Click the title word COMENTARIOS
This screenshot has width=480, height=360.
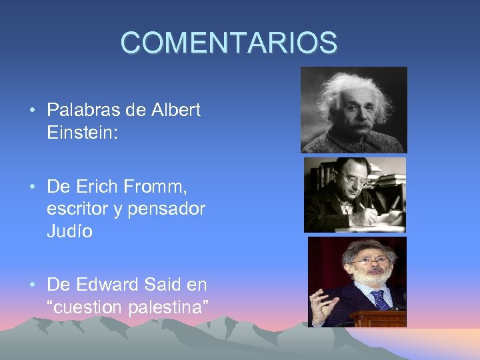(229, 43)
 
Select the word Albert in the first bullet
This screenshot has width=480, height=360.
(178, 110)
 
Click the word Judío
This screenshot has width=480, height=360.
(70, 231)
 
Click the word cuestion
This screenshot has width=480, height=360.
(91, 307)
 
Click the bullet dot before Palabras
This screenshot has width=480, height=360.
(33, 111)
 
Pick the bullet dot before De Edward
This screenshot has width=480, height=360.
(33, 285)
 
